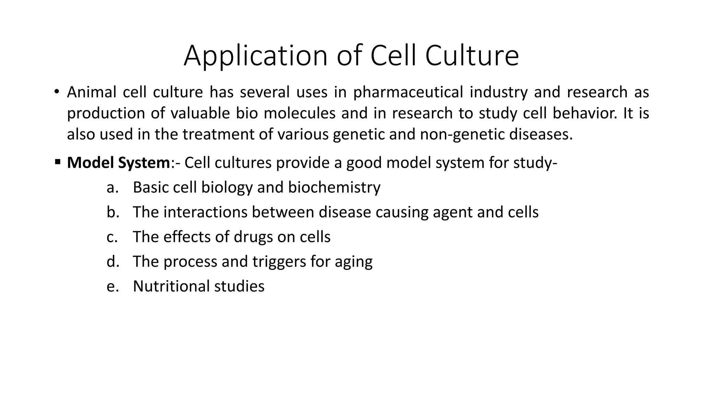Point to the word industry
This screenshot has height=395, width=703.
(498, 93)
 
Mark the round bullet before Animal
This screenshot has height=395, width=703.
(57, 92)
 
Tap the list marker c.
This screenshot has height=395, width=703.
(112, 237)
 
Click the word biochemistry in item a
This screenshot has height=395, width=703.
(334, 188)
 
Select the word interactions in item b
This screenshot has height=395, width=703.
(205, 212)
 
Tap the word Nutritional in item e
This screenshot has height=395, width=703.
(171, 286)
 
